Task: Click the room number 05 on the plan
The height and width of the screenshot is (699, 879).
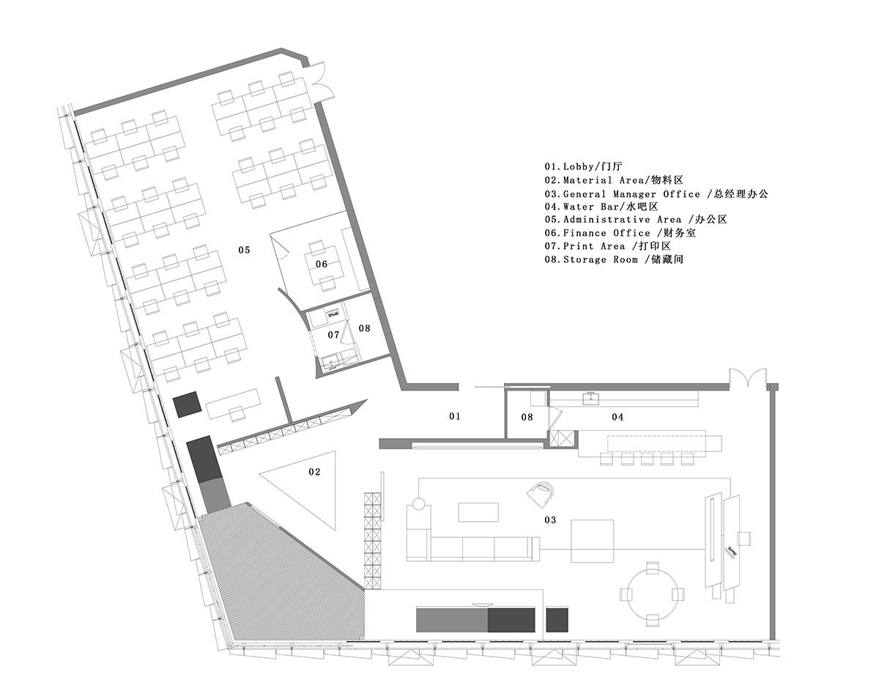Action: [244, 250]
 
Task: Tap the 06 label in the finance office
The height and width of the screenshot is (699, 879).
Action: [322, 264]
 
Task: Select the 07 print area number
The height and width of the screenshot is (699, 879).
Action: [334, 335]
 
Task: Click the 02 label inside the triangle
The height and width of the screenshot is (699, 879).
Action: [314, 472]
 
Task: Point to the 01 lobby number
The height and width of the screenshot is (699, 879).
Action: [455, 416]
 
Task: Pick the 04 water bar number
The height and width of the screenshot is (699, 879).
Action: [617, 417]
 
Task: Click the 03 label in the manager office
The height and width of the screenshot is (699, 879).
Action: [550, 519]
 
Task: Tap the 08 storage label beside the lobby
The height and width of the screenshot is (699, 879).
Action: [527, 417]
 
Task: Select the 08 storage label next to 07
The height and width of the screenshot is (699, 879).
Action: [364, 328]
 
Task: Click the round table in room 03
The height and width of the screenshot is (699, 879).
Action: [652, 594]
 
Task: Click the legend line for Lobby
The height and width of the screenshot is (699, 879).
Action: [583, 166]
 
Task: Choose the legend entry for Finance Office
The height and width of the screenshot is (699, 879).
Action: [620, 233]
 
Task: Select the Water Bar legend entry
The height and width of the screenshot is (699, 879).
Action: [601, 207]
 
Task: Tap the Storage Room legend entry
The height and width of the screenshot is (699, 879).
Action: [614, 259]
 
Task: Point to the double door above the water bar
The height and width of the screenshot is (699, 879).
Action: [748, 377]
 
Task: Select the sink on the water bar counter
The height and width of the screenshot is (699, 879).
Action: [590, 398]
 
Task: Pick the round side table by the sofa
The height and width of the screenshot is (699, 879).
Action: [418, 503]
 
